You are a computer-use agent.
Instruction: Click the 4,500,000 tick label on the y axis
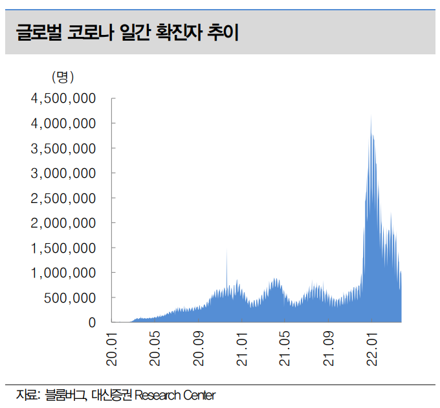click(64, 98)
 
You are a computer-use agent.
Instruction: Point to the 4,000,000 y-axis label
click(64, 123)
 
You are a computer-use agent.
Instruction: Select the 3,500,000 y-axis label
click(64, 148)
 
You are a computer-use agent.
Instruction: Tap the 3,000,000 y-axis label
click(64, 173)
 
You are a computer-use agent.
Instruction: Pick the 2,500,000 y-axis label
click(64, 198)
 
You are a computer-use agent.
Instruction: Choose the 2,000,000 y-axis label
click(64, 223)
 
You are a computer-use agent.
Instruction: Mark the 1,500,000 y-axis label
click(64, 248)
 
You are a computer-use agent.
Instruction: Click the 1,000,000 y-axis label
click(64, 273)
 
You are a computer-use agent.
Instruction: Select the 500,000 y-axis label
click(69, 297)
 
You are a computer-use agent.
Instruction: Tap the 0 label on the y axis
click(92, 322)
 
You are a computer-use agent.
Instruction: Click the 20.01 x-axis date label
click(113, 349)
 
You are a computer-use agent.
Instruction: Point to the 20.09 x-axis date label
click(199, 349)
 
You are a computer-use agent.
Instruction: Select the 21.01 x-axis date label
click(241, 349)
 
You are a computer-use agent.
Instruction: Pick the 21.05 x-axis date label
click(285, 349)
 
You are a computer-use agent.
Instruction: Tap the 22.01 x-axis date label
click(371, 349)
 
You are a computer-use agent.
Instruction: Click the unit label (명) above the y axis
click(63, 77)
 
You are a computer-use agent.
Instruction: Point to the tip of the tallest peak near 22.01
click(371, 115)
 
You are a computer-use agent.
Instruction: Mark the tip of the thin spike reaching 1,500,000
click(226, 248)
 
